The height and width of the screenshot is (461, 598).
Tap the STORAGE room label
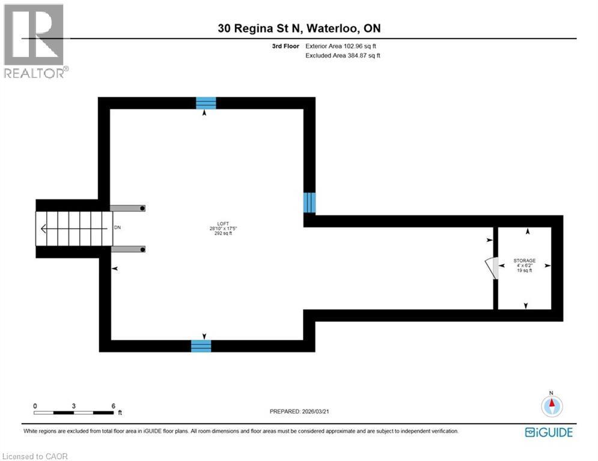524,261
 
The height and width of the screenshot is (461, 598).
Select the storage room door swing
493,268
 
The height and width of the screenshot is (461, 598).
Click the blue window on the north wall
206,103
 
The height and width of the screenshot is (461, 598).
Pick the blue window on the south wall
201,346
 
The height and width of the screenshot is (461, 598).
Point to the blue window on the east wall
309,202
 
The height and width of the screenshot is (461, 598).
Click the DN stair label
117,228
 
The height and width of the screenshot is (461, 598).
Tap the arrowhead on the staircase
44,229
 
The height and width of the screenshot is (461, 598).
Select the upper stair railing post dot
143,208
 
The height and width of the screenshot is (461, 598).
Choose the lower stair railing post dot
143,249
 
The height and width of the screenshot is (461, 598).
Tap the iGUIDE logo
549,432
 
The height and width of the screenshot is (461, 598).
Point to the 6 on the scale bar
113,406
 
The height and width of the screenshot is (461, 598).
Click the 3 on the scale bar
74,406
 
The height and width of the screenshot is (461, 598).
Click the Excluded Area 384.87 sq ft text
344,55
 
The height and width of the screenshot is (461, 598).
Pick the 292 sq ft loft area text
224,234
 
